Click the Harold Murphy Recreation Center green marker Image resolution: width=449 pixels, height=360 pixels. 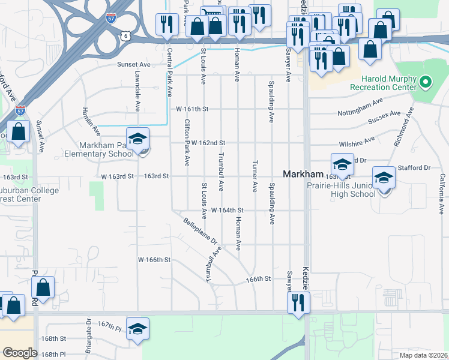[426, 80]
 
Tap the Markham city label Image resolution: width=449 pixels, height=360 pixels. [303, 174]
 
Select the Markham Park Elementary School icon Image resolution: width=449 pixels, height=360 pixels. [137, 140]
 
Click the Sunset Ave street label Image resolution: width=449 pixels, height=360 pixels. [133, 64]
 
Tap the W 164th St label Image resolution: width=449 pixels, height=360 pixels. [227, 211]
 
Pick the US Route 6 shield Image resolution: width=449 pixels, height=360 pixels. [125, 36]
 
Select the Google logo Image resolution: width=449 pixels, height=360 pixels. [20, 352]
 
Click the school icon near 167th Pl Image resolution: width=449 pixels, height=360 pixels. [138, 329]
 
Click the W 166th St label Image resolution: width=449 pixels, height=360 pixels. [155, 260]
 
